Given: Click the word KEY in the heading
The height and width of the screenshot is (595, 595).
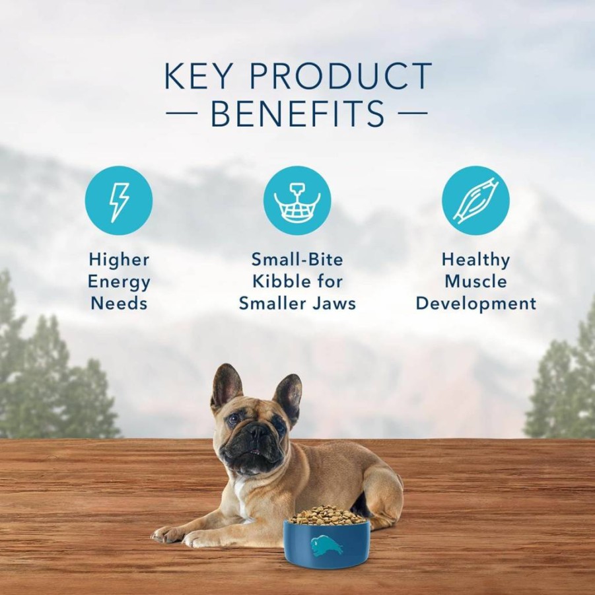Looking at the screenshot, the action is click(x=198, y=75).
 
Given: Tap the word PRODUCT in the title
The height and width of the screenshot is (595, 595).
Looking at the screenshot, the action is click(x=340, y=75).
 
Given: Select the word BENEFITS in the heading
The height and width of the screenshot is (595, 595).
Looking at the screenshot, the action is click(x=297, y=113).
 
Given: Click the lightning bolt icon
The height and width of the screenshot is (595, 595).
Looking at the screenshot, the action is click(x=119, y=201).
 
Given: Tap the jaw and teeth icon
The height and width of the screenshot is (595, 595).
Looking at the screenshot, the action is click(x=297, y=201).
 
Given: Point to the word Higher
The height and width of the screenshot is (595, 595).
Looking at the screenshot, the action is click(x=119, y=261).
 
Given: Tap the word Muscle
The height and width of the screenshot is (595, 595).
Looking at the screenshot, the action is click(x=475, y=282).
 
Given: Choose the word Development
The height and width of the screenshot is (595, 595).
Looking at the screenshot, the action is click(x=476, y=304).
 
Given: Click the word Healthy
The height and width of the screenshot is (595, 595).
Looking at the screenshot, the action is click(x=475, y=261).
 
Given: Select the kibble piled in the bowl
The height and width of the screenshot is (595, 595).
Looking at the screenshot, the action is click(x=327, y=515).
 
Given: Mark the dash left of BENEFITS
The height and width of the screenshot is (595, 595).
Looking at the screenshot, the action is click(x=182, y=113).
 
